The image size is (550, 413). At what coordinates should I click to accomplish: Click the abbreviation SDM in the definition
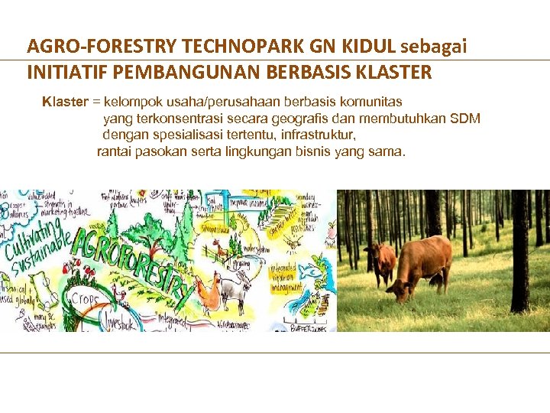pos(465,118)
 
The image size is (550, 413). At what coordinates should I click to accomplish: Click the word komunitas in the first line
pos(370,101)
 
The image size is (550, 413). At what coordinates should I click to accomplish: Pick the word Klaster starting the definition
pos(64,101)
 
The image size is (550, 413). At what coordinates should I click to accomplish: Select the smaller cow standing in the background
pos(381,260)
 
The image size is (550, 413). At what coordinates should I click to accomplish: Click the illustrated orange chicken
pos(204,291)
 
